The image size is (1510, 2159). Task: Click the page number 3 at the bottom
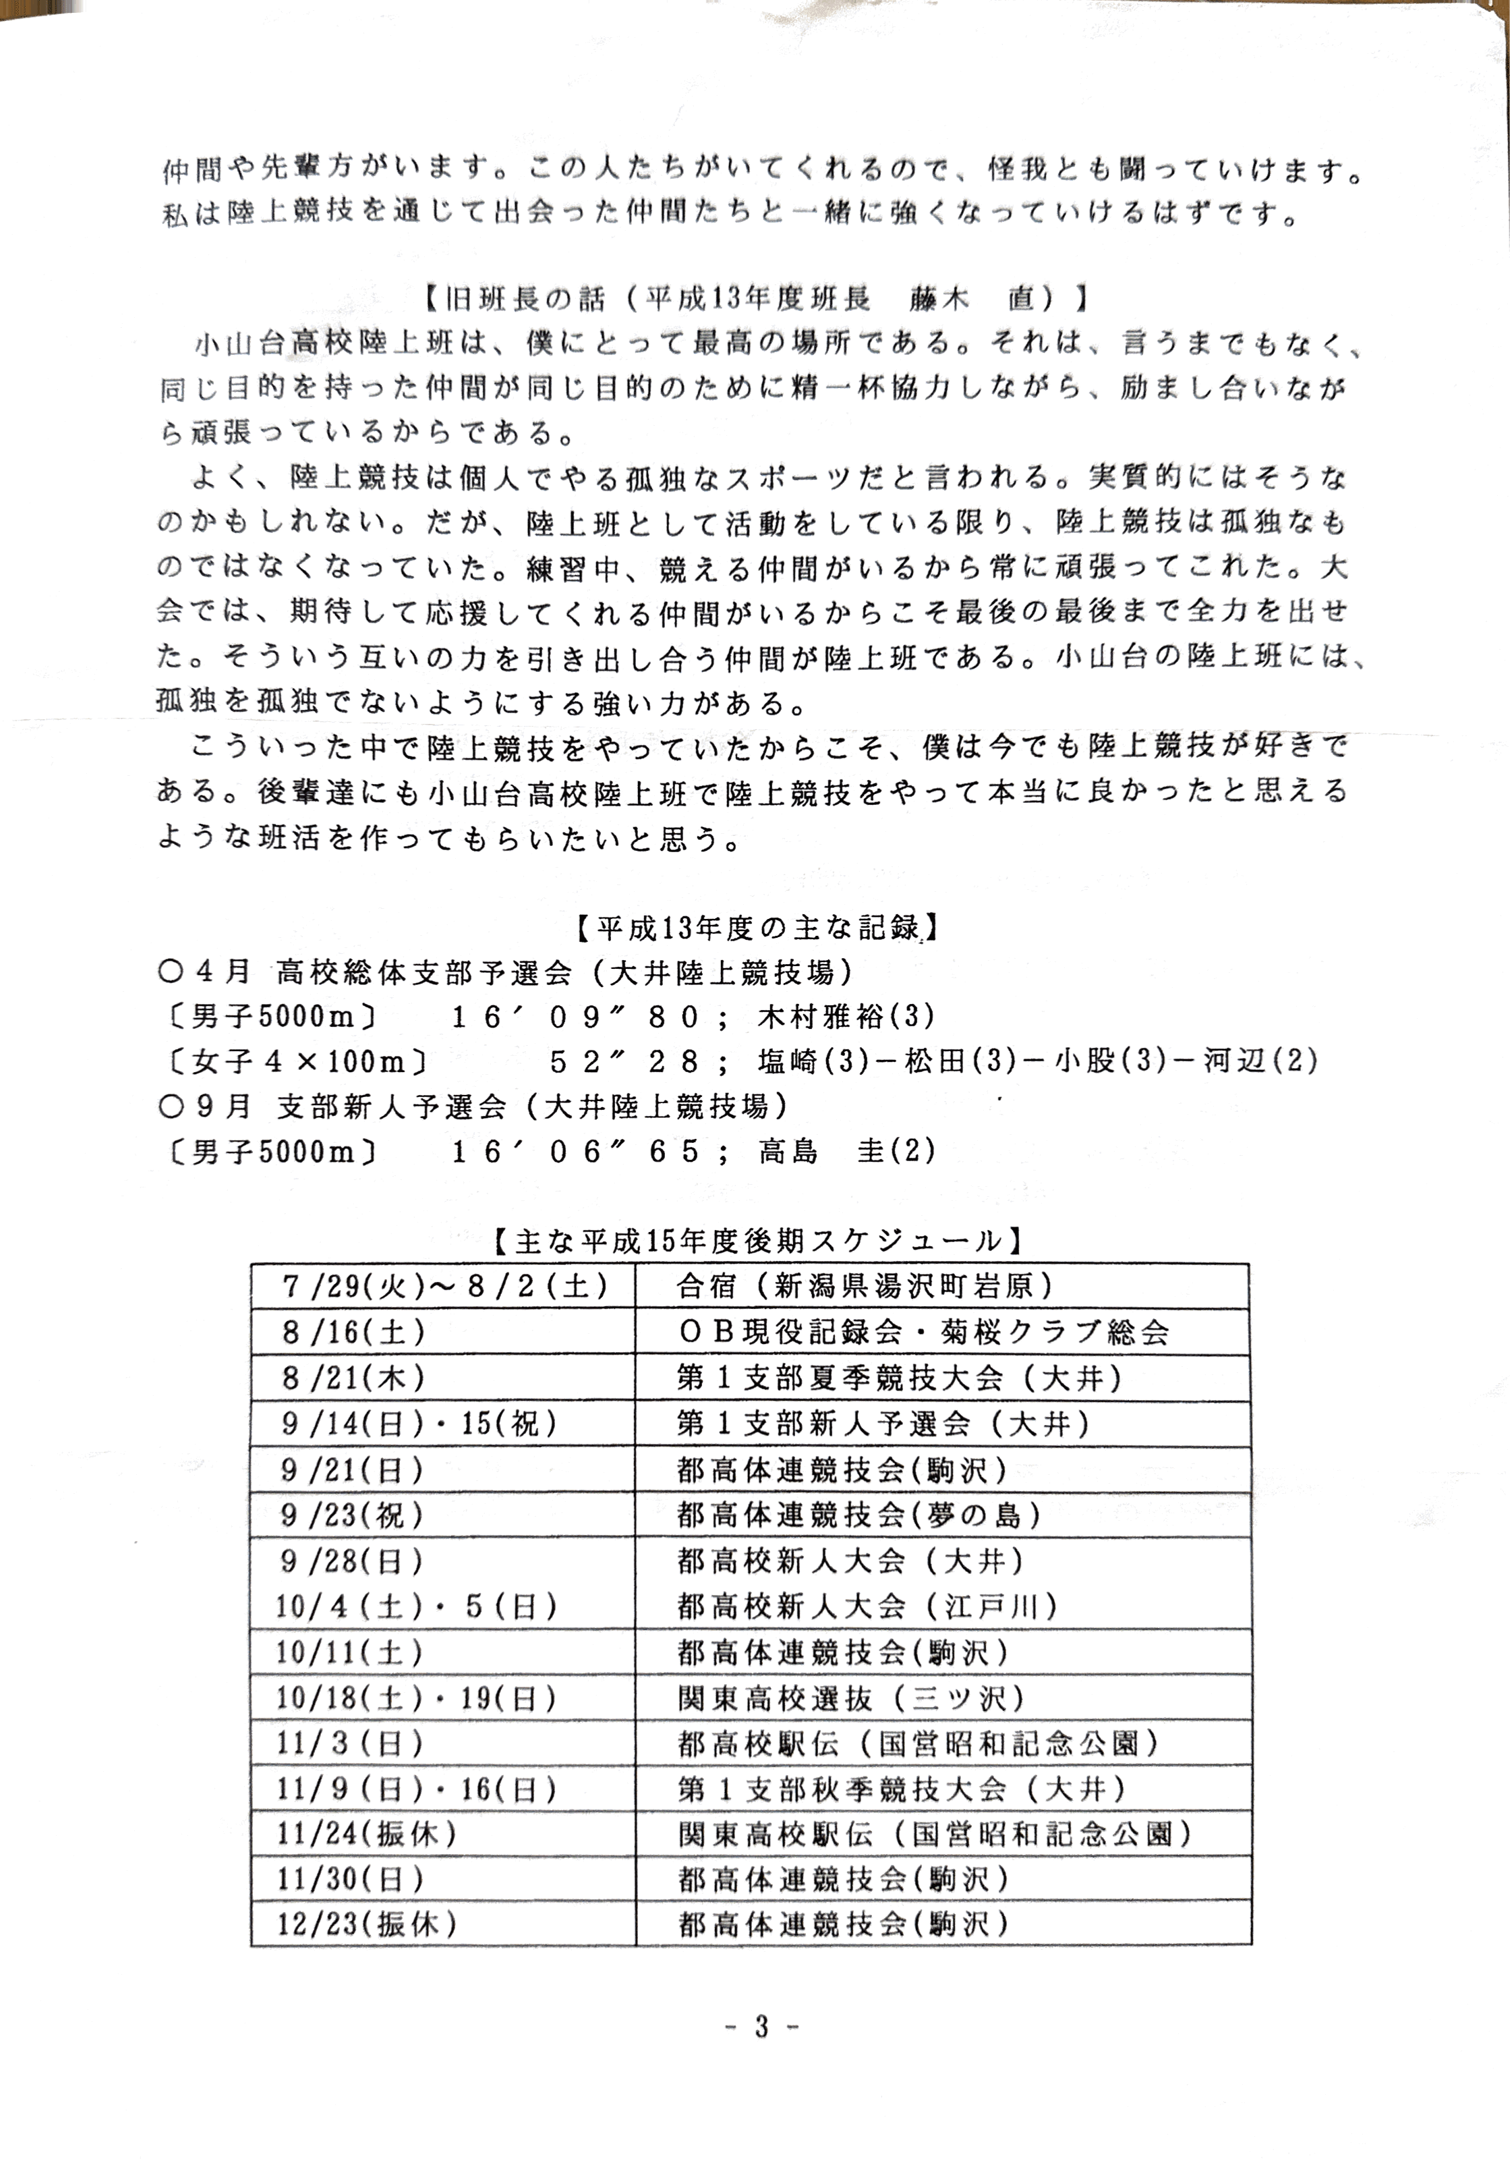coord(761,2025)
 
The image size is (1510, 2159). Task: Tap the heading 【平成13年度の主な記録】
coord(755,928)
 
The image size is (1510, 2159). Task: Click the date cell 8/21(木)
coord(353,1378)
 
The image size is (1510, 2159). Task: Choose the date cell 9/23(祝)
coord(353,1515)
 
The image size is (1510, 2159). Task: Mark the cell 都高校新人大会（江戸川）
coord(867,1606)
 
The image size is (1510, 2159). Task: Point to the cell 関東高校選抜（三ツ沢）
coord(851,1698)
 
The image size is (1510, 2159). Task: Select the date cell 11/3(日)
coord(350,1744)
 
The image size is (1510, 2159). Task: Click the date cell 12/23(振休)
coord(367,1925)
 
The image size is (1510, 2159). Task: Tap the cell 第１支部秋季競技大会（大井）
coord(901,1789)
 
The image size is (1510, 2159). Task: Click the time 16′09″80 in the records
coord(575,1017)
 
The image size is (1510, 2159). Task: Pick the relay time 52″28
coord(625,1062)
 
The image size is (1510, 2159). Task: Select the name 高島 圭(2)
coord(846,1152)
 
